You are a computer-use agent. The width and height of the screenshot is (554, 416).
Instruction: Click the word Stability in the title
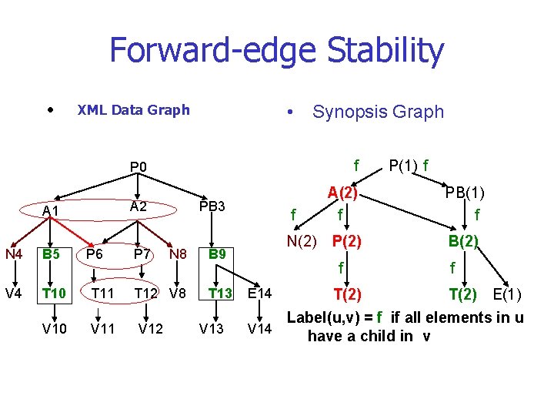(x=385, y=51)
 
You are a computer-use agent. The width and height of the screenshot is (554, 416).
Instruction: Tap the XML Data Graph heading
(x=133, y=110)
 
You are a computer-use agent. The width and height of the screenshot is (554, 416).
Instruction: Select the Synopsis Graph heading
(x=378, y=112)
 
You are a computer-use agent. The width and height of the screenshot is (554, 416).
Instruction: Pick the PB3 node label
(x=212, y=206)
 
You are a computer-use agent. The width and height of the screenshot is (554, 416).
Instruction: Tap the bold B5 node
(x=52, y=253)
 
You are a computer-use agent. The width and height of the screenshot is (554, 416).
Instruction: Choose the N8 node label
(x=177, y=253)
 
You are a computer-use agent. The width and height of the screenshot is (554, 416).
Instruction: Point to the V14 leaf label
(x=259, y=330)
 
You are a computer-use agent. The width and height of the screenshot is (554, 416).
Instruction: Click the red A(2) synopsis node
(x=343, y=193)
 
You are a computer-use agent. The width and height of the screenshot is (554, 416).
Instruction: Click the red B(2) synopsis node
(x=464, y=242)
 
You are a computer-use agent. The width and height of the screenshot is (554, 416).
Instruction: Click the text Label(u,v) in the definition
(x=324, y=317)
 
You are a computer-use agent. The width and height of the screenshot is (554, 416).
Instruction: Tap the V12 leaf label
(x=150, y=330)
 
